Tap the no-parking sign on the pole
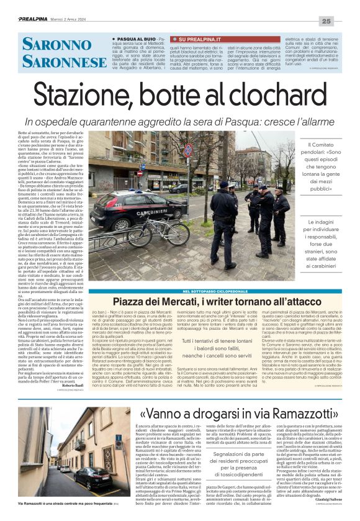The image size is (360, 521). [x=187, y=150]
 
